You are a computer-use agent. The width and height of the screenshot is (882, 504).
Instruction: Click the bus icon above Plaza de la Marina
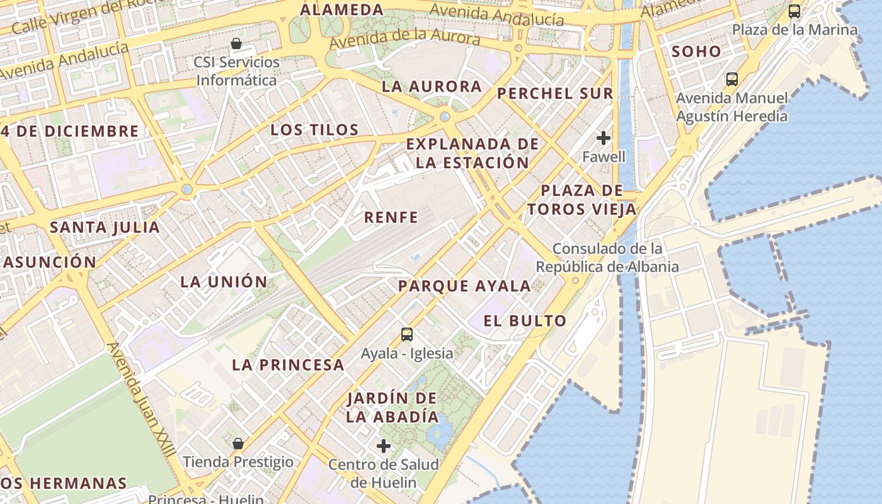(794, 11)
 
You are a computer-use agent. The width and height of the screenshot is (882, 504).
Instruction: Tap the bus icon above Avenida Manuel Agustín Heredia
(732, 79)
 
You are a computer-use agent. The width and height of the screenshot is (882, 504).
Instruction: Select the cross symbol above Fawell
(604, 137)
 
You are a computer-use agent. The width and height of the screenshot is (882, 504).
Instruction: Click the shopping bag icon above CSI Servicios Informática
(236, 43)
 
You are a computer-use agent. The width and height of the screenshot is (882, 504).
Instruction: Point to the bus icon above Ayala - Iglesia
(407, 335)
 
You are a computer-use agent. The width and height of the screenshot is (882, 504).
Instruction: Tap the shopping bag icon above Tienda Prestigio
(238, 444)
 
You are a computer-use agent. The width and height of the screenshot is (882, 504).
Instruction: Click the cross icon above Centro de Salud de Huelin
(384, 446)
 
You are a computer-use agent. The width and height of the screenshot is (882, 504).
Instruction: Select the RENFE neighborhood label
(391, 218)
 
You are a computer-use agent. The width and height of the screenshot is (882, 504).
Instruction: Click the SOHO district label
(696, 52)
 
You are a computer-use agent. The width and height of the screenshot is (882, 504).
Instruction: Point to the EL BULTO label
(525, 321)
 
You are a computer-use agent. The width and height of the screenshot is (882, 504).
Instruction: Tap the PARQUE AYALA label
(464, 286)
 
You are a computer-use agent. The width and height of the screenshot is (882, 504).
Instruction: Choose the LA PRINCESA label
(288, 364)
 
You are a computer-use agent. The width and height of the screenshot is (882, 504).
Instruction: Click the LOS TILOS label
(314, 130)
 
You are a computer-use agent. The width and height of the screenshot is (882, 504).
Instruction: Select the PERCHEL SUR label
(554, 94)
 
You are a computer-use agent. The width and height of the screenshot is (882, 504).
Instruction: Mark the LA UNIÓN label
(224, 282)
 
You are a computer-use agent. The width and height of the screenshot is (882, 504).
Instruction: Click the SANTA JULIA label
(105, 227)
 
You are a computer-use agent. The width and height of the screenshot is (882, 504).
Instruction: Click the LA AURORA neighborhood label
(432, 87)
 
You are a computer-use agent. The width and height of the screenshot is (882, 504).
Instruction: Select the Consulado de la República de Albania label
(607, 258)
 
